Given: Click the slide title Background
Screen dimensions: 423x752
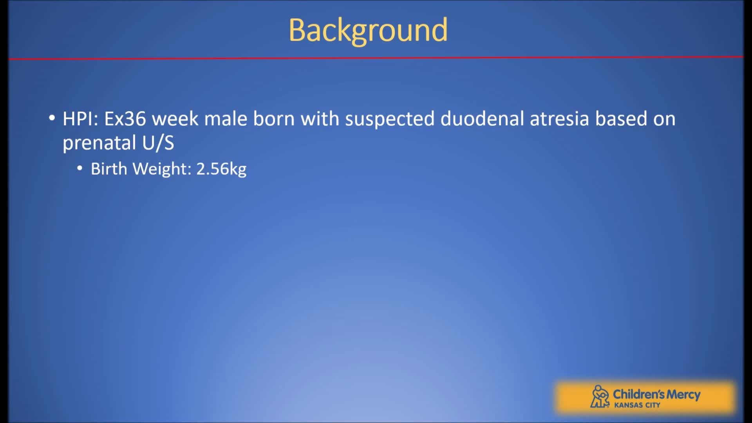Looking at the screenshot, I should [x=368, y=31].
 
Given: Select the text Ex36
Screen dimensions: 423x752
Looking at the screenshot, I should [x=125, y=119].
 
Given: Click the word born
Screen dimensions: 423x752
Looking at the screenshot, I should [x=274, y=119].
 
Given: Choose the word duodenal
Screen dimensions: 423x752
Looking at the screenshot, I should [x=482, y=119].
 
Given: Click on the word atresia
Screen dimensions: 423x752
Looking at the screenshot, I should [x=559, y=119].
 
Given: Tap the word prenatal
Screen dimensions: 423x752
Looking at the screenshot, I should [x=99, y=143].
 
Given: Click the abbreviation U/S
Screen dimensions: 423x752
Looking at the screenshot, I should [x=158, y=143].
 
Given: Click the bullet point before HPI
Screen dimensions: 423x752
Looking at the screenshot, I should [x=52, y=118].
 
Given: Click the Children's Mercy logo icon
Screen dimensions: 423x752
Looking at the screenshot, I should [x=599, y=396].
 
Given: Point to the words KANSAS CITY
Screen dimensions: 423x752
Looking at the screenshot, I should [x=637, y=405].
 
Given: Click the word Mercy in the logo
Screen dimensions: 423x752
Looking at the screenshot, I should [x=683, y=394].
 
